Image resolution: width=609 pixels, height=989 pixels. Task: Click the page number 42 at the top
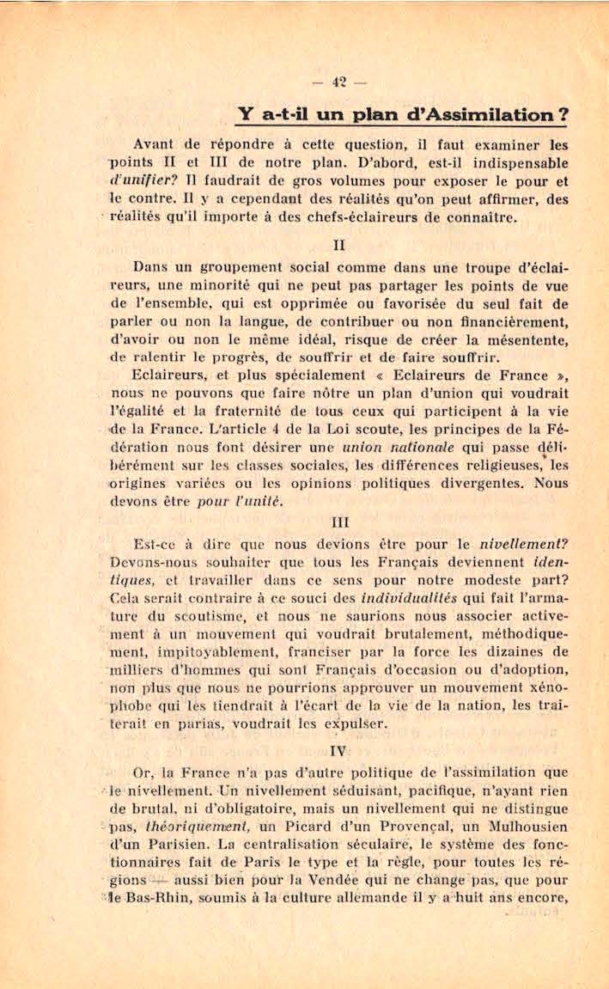338,83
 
